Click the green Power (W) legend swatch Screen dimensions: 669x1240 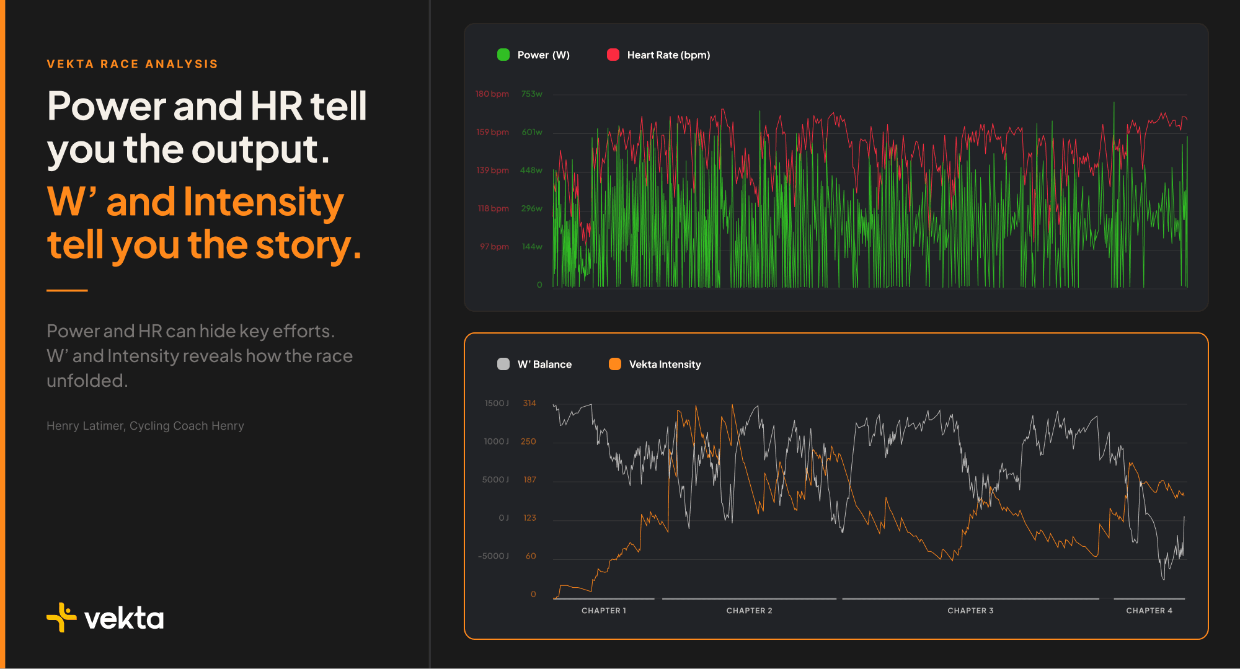tap(503, 55)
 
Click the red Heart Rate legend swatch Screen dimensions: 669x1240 tap(613, 55)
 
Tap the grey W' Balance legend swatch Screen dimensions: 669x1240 tap(503, 364)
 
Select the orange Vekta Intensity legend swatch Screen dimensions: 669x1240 tap(615, 364)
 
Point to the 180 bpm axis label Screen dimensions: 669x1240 tap(492, 94)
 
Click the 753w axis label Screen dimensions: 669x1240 tap(532, 94)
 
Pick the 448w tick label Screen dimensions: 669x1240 tap(531, 171)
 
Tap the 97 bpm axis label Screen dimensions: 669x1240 tap(494, 247)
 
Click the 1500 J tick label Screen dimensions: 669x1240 tap(497, 404)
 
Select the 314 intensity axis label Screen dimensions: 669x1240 tap(529, 404)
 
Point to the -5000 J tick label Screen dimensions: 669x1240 tap(494, 556)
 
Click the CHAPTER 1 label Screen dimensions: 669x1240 tap(604, 611)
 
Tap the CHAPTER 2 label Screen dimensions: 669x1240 tap(749, 611)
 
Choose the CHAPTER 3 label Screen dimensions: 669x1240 tap(970, 611)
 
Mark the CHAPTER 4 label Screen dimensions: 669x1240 tap(1149, 611)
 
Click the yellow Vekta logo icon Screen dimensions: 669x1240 tap(61, 618)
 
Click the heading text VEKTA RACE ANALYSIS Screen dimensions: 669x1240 tap(132, 64)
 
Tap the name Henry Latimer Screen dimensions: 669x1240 tap(86, 426)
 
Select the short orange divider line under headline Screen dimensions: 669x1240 tap(67, 290)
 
